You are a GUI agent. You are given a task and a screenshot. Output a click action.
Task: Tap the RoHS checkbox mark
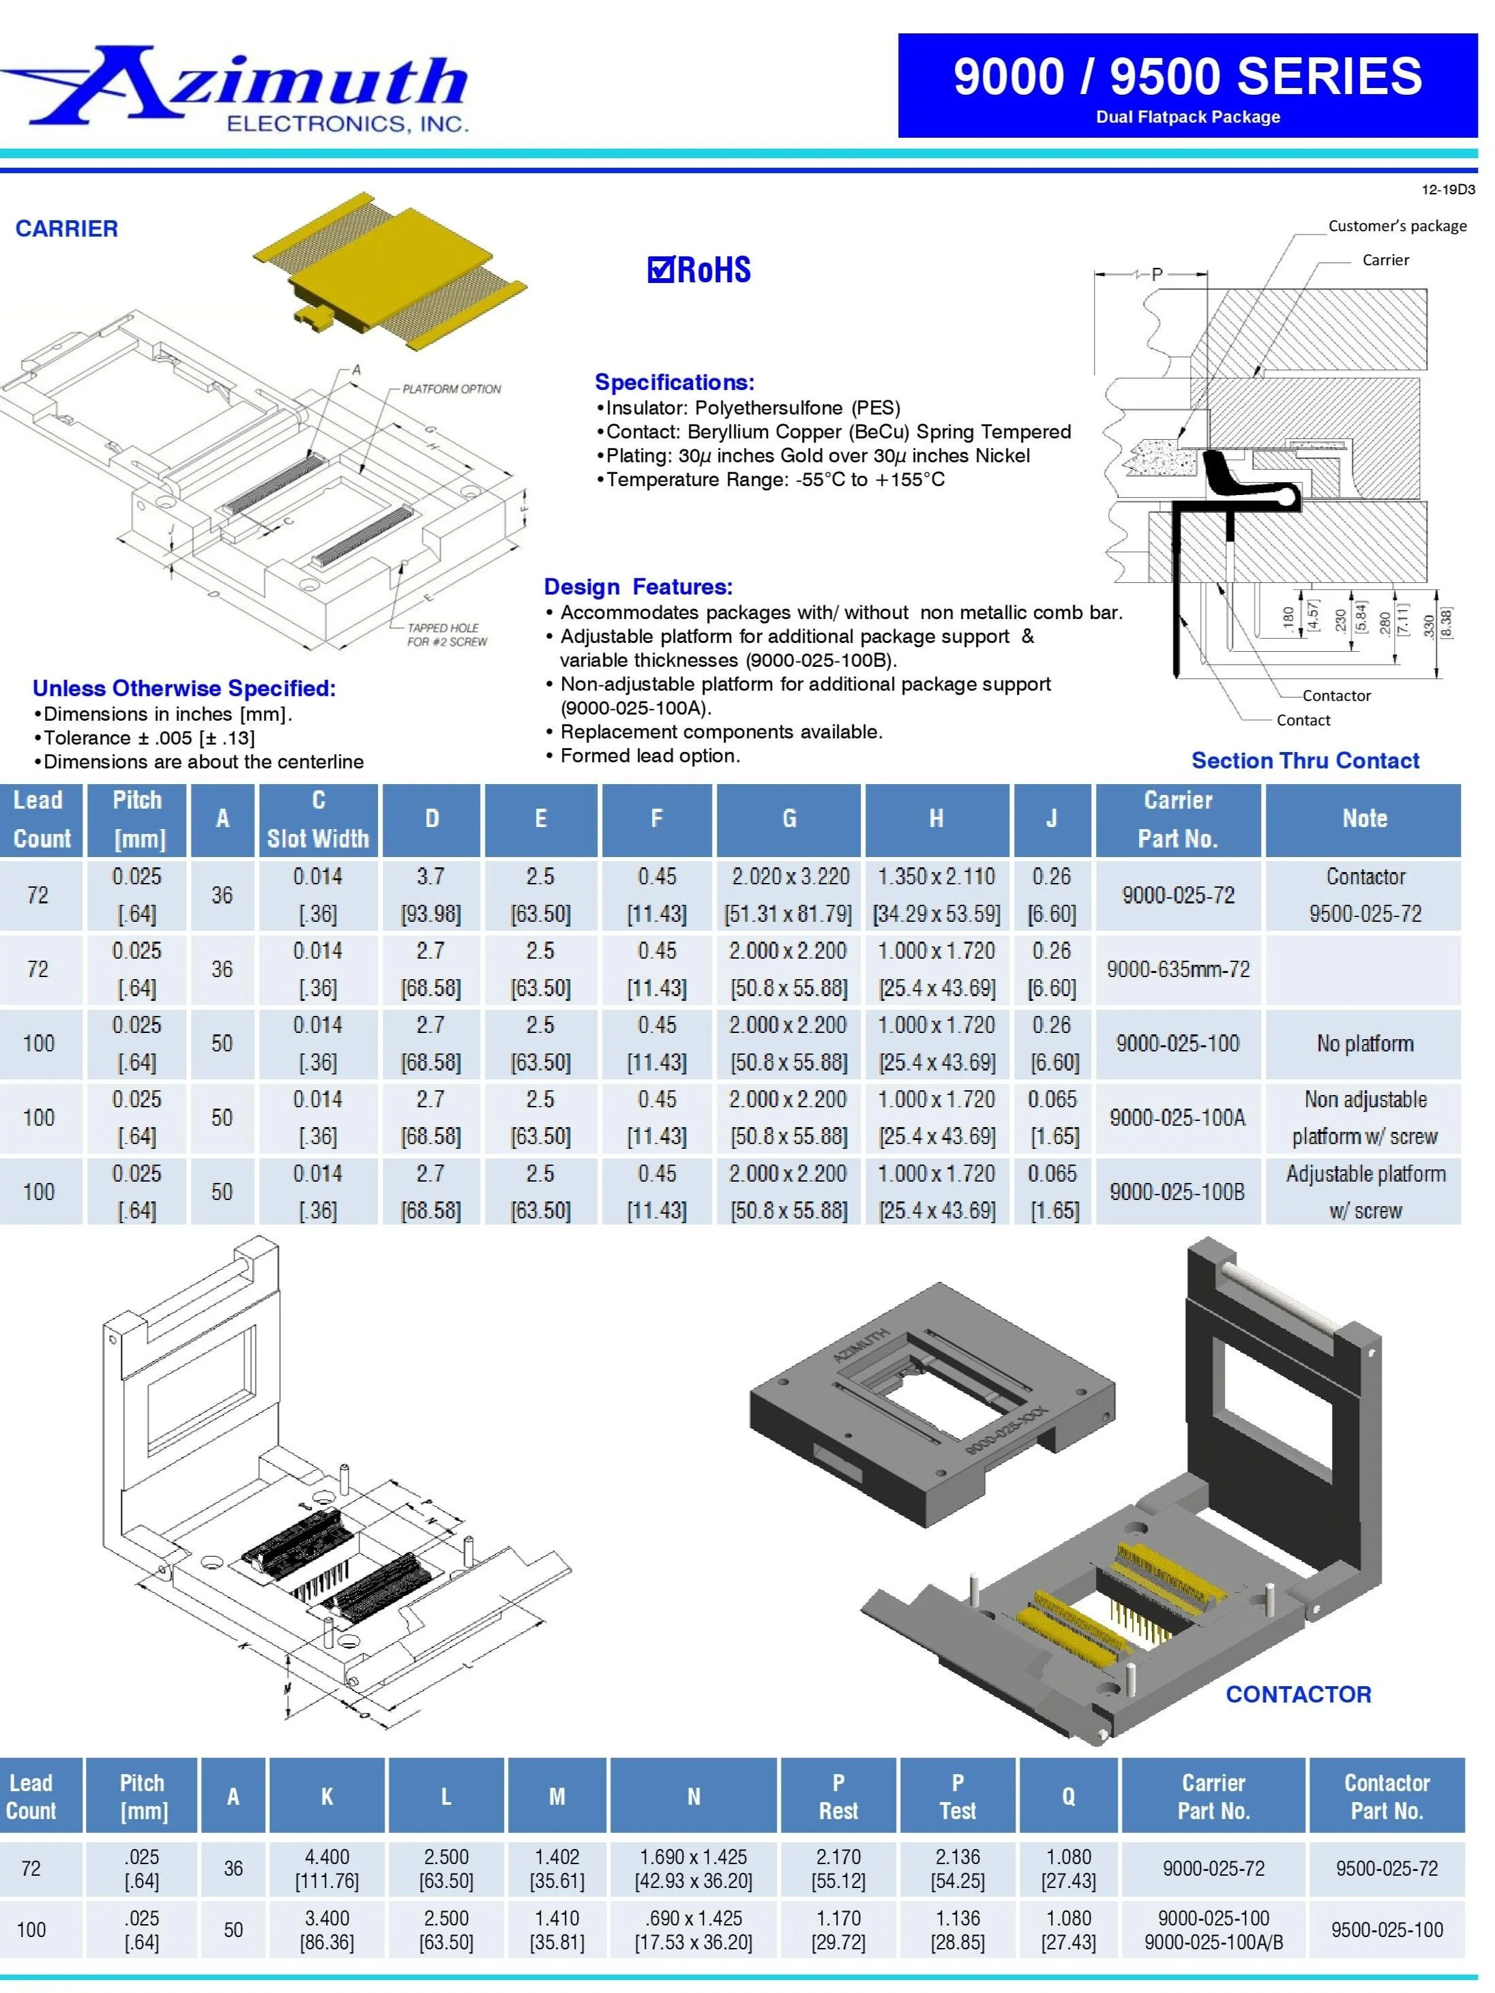pos(660,269)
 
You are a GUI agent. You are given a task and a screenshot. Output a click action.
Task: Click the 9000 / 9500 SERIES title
pos(1187,76)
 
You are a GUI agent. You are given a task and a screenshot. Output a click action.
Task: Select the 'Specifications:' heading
pos(674,382)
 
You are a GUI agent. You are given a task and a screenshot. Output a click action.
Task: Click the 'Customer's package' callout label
pos(1397,226)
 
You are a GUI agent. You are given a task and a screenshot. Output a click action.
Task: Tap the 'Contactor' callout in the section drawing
pos(1335,695)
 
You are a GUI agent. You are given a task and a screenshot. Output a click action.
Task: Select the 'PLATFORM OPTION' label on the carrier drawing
pos(452,389)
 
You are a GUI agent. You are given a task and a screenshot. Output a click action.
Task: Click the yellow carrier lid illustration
pos(387,270)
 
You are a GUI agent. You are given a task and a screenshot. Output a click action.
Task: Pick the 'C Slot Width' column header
pos(318,819)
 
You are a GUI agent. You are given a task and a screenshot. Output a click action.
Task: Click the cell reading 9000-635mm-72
pos(1178,970)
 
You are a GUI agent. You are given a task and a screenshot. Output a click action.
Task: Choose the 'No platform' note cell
pos(1364,1043)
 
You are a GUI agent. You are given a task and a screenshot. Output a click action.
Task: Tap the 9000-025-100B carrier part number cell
pos(1177,1191)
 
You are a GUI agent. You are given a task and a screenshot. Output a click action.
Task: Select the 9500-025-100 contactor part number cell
pos(1386,1929)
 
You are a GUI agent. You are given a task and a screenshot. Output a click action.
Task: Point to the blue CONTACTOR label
pos(1298,1694)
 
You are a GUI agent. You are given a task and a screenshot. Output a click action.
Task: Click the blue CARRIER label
pos(67,229)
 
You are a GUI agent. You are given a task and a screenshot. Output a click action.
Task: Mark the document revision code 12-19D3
pos(1447,190)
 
